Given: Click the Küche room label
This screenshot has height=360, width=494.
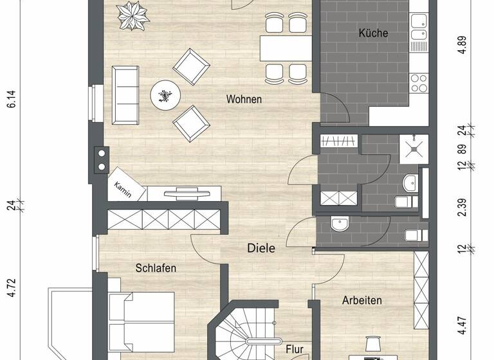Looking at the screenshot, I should pyautogui.click(x=374, y=33).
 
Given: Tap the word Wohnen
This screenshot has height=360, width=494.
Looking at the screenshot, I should pyautogui.click(x=244, y=100).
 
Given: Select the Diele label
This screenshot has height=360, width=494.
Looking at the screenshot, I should pyautogui.click(x=261, y=248).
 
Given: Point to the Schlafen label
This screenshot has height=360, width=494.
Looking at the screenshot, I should pyautogui.click(x=156, y=268).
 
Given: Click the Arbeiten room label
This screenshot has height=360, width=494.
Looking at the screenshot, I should pyautogui.click(x=362, y=300).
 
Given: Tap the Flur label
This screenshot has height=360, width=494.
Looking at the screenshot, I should pyautogui.click(x=295, y=350).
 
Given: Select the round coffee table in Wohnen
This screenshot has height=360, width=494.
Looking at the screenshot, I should pyautogui.click(x=165, y=96).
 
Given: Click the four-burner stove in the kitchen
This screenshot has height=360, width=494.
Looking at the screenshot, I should pyautogui.click(x=419, y=84).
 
